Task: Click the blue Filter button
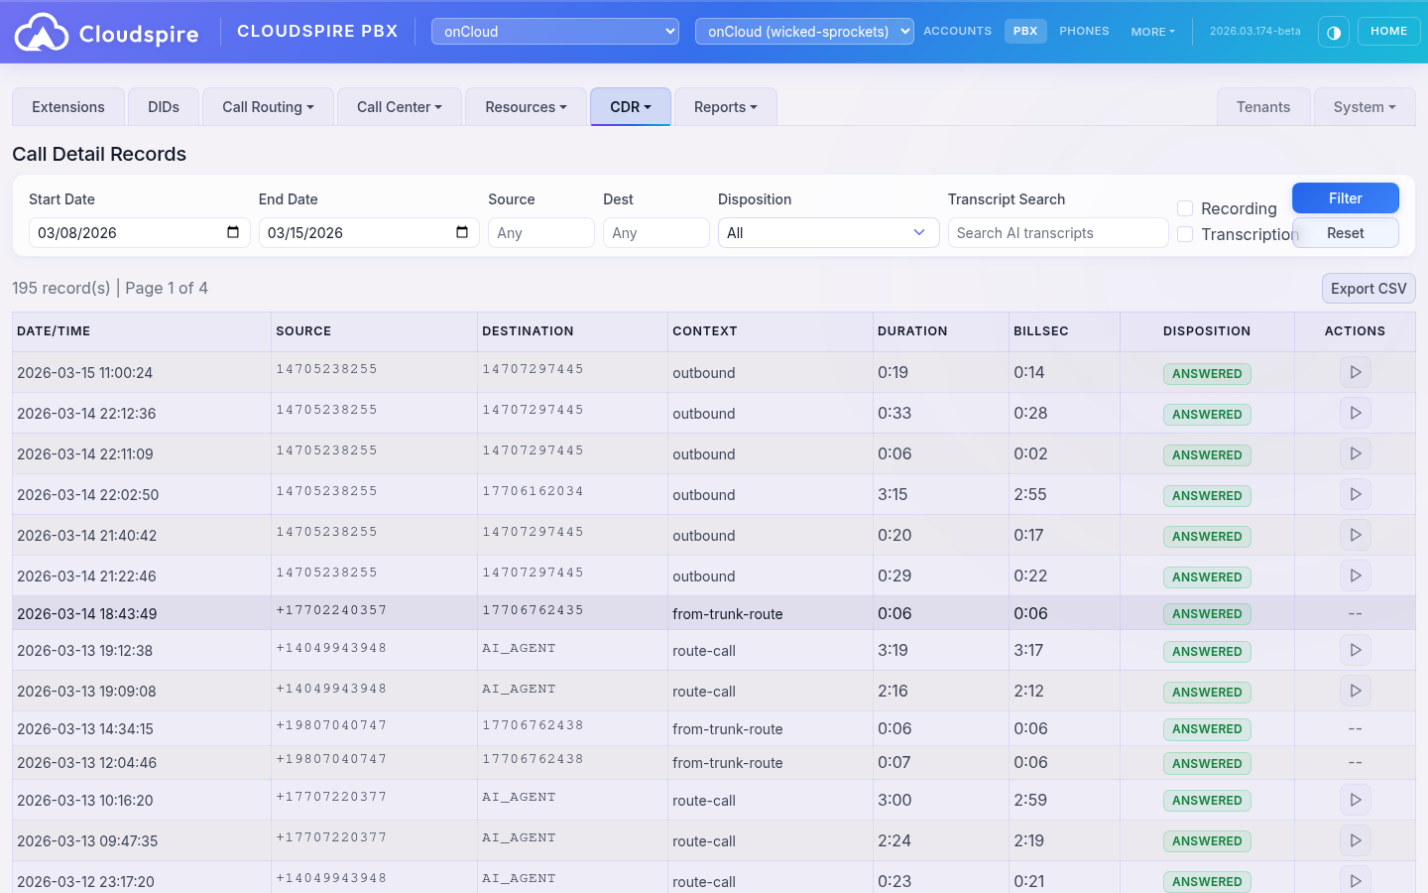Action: click(1345, 198)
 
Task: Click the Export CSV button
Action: click(1368, 289)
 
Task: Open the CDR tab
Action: click(630, 107)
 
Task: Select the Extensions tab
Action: click(67, 107)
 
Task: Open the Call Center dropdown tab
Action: click(399, 107)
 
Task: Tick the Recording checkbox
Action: click(1185, 208)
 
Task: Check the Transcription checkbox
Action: click(1185, 234)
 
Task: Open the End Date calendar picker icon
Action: click(462, 232)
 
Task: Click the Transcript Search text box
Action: click(1057, 233)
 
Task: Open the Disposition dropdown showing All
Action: click(827, 233)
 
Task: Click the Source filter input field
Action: click(540, 233)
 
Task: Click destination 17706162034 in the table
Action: click(533, 491)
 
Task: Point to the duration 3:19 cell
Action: click(893, 651)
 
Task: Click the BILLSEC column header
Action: click(1040, 331)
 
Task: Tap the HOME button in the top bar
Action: click(1388, 32)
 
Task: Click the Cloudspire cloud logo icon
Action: click(42, 33)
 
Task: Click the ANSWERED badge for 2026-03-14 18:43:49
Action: click(1206, 614)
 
